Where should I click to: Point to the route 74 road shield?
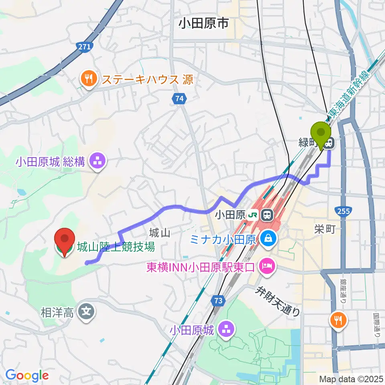(x=179, y=98)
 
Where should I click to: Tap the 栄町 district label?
(x=325, y=229)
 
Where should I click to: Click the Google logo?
(x=27, y=375)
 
